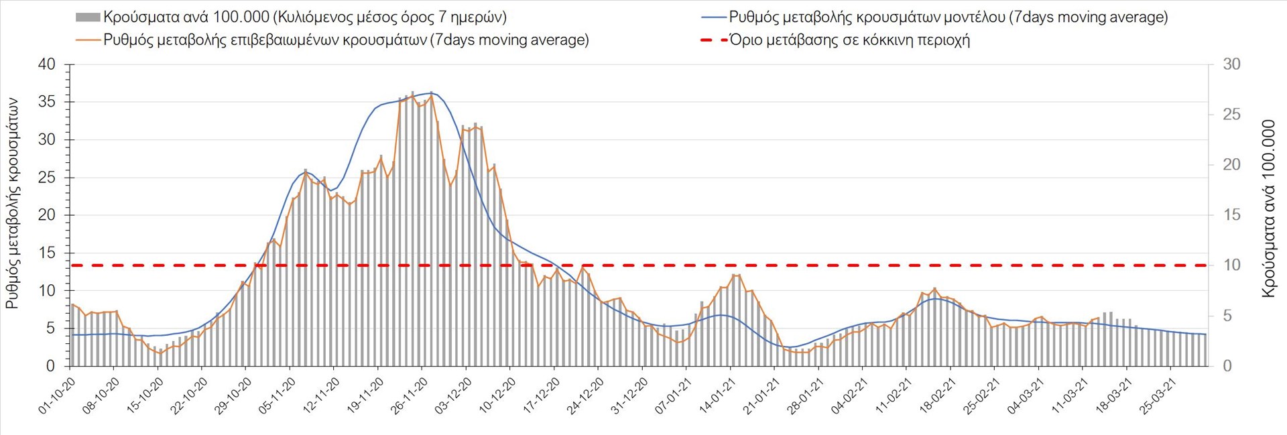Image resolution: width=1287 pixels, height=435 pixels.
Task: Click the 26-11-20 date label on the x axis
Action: pyautogui.click(x=410, y=396)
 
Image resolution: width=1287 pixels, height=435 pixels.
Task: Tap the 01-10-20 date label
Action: pyautogui.click(x=56, y=396)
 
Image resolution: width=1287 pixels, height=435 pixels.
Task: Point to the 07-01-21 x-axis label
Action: pyautogui.click(x=673, y=396)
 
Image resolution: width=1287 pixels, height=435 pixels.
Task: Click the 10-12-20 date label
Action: pyautogui.click(x=497, y=396)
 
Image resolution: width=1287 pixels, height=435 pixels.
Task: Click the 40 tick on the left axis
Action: pyautogui.click(x=47, y=65)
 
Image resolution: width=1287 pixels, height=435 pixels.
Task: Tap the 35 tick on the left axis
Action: pyautogui.click(x=47, y=103)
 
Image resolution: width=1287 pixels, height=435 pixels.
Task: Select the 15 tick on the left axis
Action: pyautogui.click(x=47, y=253)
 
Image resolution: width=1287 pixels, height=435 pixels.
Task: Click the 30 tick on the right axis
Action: pyautogui.click(x=1231, y=65)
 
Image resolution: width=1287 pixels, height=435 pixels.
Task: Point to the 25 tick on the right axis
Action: pyautogui.click(x=1231, y=115)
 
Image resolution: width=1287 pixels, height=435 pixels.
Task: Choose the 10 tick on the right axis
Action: pyautogui.click(x=1231, y=265)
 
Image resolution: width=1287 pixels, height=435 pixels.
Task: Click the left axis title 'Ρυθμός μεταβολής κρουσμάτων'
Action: pyautogui.click(x=13, y=204)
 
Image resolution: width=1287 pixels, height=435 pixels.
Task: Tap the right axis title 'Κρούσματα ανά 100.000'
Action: pyautogui.click(x=1268, y=208)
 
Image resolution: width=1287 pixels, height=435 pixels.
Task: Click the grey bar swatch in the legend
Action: pyautogui.click(x=88, y=17)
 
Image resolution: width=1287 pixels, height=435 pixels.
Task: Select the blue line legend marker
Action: pyautogui.click(x=714, y=17)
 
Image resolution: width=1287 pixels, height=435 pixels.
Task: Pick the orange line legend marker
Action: pyautogui.click(x=88, y=40)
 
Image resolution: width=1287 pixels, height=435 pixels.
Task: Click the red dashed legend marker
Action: pyautogui.click(x=714, y=40)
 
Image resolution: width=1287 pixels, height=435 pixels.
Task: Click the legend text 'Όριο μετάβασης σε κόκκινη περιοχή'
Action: pyautogui.click(x=849, y=40)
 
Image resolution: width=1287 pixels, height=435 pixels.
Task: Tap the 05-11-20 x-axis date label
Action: pyautogui.click(x=277, y=396)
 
